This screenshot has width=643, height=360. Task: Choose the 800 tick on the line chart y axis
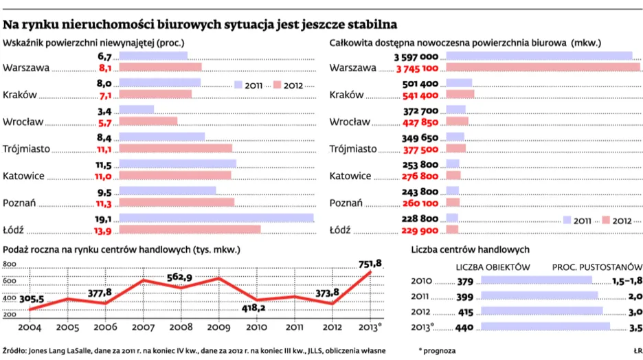pos(10,265)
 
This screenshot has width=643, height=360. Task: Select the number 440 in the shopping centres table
pos(465,328)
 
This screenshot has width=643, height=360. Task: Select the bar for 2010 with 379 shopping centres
pos(537,280)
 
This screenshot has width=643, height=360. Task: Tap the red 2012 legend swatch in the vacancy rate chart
pos(278,85)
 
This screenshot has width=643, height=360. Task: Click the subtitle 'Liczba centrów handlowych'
pos(469,249)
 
